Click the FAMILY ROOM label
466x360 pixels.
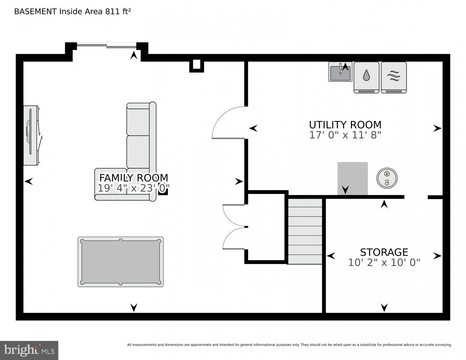pos(134,178)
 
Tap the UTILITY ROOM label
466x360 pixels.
pos(345,125)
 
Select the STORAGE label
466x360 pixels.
pos(384,252)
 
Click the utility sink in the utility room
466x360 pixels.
pos(340,72)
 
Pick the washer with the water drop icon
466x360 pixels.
pos(366,77)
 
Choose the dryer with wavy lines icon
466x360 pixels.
pos(394,77)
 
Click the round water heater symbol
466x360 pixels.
pos(387,178)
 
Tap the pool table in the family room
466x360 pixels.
pos(121,262)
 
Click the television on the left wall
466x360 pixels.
pos(32,135)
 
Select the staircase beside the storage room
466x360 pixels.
pos(305,230)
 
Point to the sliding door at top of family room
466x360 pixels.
pos(107,46)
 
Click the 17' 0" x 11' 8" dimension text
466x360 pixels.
pos(345,135)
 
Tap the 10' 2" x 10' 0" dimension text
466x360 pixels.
pos(384,262)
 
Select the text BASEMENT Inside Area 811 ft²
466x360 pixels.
pos(72,12)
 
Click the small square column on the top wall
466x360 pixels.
pos(196,65)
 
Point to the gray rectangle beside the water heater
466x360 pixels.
pos(352,178)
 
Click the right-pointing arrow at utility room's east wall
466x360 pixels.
pos(437,128)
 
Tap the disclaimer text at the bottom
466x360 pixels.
pos(289,345)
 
